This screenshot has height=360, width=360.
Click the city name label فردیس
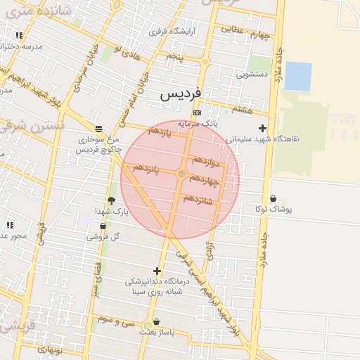click(181, 93)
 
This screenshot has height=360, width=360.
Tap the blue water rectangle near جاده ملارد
click(297, 76)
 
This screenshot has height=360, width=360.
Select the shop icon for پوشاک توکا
click(273, 199)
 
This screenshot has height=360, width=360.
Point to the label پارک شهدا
click(112, 211)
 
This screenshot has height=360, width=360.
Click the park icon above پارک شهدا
click(111, 201)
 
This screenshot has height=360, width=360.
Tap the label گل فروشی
click(103, 236)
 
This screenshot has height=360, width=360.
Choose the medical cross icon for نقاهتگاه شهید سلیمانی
click(262, 128)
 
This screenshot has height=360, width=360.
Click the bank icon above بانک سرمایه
click(197, 112)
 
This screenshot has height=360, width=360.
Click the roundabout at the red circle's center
click(181, 174)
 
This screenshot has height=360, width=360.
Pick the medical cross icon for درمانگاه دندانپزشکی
click(156, 271)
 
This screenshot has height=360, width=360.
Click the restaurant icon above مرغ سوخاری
click(98, 129)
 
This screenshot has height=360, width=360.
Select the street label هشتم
click(241, 110)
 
